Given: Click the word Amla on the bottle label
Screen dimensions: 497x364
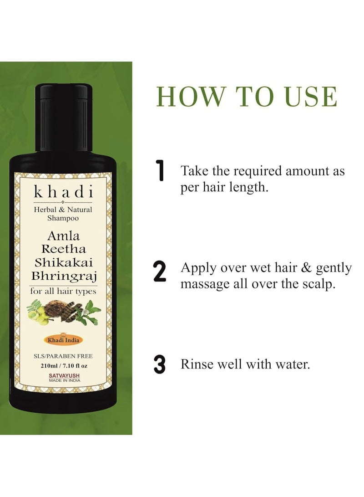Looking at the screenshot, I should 63,236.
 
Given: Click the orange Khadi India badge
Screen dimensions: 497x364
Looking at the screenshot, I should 63,339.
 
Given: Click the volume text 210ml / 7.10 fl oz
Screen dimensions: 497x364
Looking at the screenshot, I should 63,365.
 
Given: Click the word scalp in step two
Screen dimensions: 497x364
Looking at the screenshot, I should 322,285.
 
